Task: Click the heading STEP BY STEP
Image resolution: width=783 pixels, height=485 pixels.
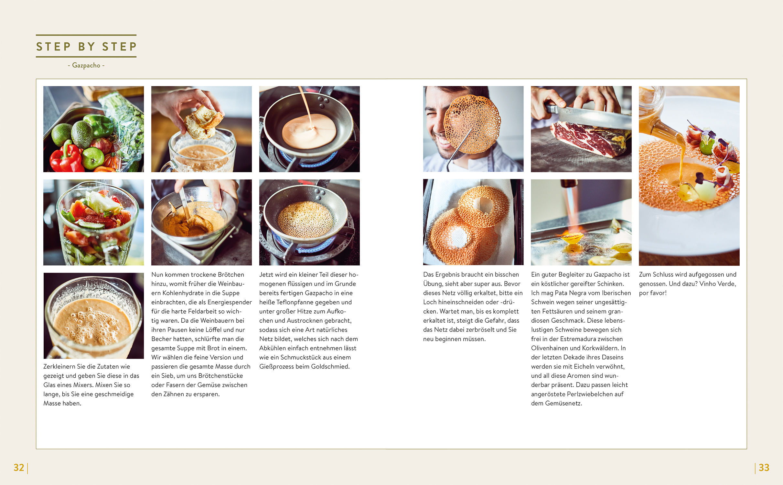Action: coord(86,47)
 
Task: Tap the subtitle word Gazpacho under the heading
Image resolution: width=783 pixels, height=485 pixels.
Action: coord(86,65)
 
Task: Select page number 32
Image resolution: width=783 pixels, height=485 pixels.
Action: coord(19,468)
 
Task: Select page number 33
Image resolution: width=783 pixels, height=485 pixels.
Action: coord(764,468)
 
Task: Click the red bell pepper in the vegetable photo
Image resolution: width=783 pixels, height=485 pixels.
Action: coord(66,158)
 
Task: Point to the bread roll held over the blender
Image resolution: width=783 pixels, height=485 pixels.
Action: coord(203,122)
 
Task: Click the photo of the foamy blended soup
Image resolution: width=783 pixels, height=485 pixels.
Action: coord(94,316)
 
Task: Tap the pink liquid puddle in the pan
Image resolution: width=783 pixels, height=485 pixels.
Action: coord(309,131)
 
